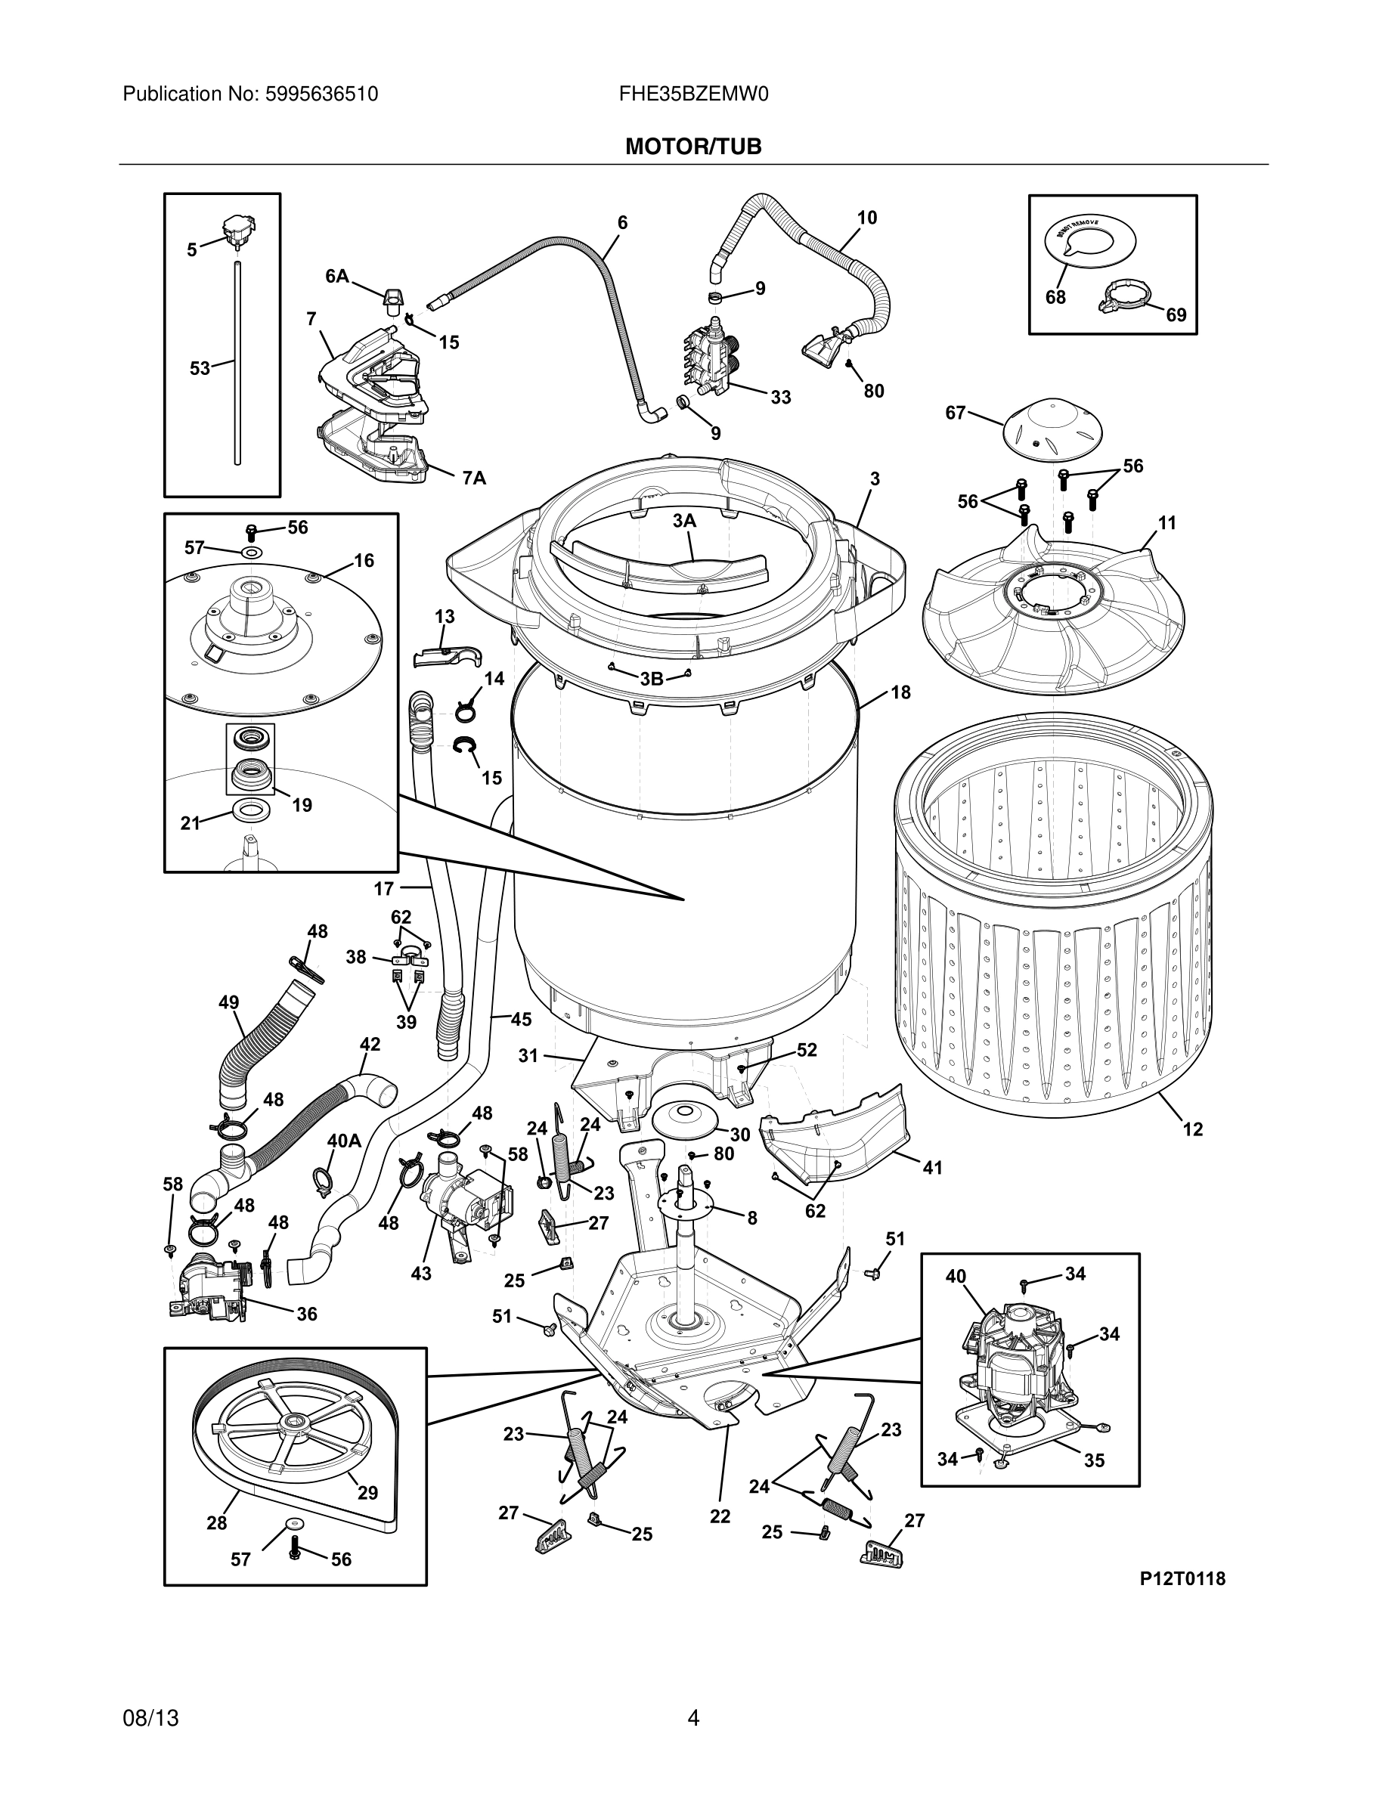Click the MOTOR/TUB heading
point(693,147)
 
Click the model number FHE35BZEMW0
point(693,94)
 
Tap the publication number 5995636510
point(321,94)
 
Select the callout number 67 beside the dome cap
point(955,413)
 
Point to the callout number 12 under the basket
point(1192,1129)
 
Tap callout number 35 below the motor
point(1094,1460)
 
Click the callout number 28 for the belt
point(216,1523)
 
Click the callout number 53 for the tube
point(200,368)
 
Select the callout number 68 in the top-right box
point(1055,297)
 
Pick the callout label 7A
point(474,478)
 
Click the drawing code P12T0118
point(1182,1578)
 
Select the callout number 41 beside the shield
point(931,1167)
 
